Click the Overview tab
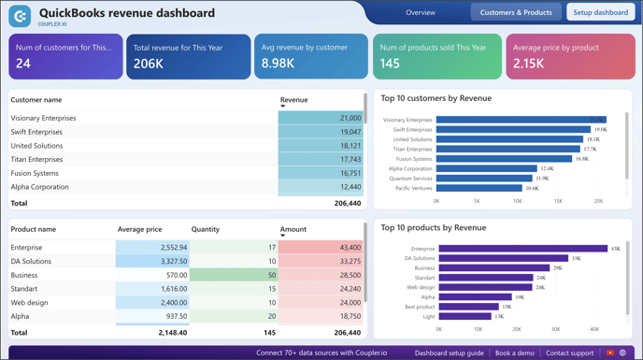coord(421,13)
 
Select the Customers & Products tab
coord(516,13)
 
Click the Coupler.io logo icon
coord(20,15)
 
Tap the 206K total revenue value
coord(149,64)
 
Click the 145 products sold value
coord(391,64)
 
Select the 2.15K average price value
coord(529,64)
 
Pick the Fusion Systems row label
coord(35,173)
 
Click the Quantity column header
coord(206,229)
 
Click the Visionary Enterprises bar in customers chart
coord(521,120)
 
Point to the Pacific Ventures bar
coord(479,188)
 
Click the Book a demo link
coord(515,353)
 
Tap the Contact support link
coord(569,353)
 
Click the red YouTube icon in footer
coord(610,353)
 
